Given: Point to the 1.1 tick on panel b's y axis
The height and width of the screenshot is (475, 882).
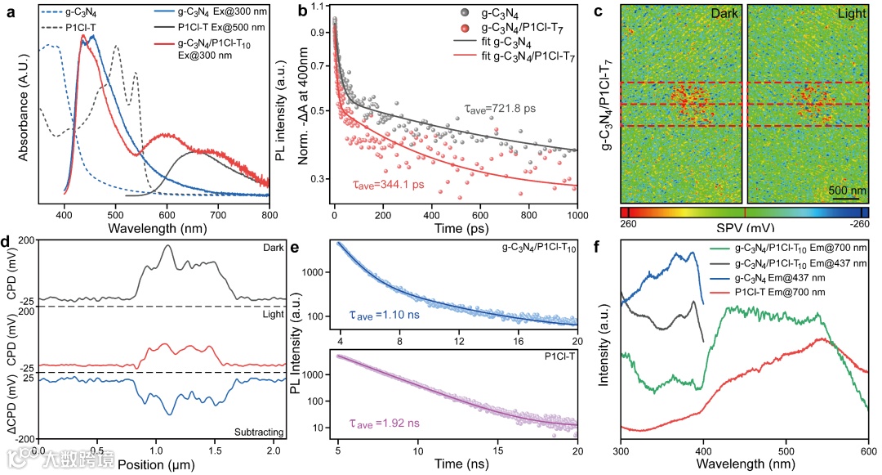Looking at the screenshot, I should click(x=318, y=7).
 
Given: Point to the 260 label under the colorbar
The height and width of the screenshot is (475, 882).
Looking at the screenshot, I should click(x=629, y=222).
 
